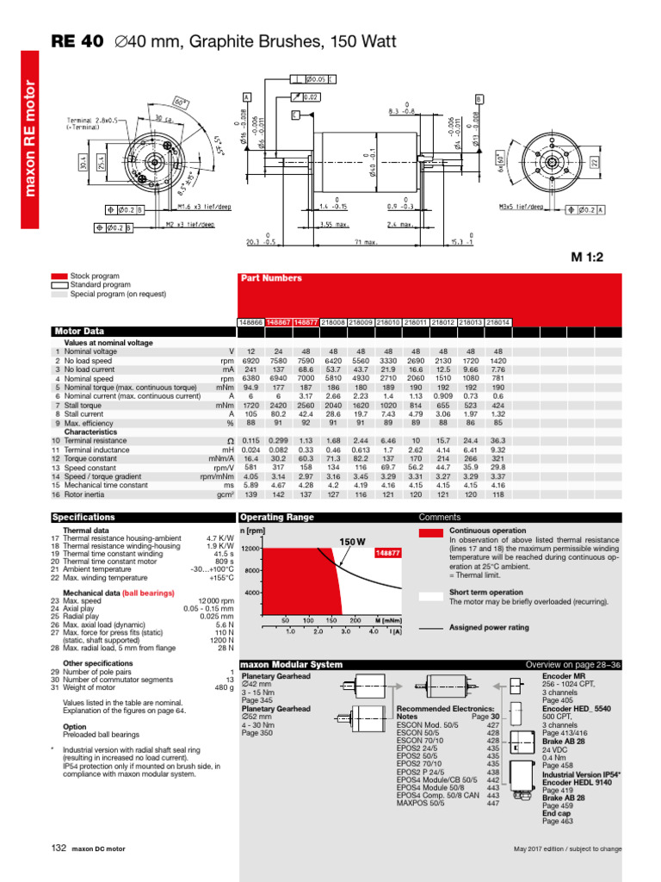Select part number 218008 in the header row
(x=333, y=322)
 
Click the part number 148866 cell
(x=251, y=322)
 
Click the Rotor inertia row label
(x=88, y=494)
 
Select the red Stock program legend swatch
(x=59, y=276)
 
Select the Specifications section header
(x=83, y=518)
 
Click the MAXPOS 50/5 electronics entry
(x=420, y=803)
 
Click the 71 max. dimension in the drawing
(x=368, y=242)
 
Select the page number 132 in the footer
(x=59, y=848)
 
